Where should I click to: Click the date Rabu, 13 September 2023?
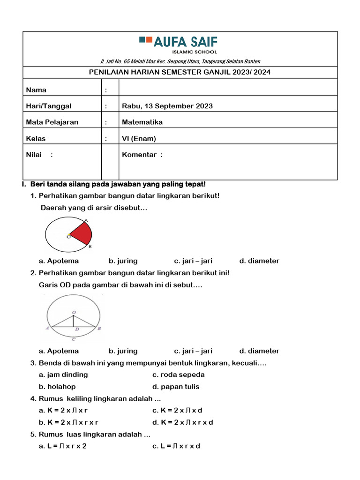point(167,106)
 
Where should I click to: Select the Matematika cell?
point(142,122)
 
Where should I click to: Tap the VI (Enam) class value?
point(139,138)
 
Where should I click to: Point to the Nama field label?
point(36,90)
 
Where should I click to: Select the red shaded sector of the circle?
point(82,232)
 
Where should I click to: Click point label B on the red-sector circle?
point(90,246)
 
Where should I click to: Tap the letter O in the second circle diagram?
point(73,312)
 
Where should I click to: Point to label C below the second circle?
point(73,339)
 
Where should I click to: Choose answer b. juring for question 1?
point(123,261)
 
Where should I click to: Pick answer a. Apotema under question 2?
point(59,351)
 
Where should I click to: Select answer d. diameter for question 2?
point(259,351)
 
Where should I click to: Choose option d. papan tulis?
point(176,387)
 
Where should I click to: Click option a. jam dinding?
point(63,375)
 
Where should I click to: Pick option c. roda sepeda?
point(179,375)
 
